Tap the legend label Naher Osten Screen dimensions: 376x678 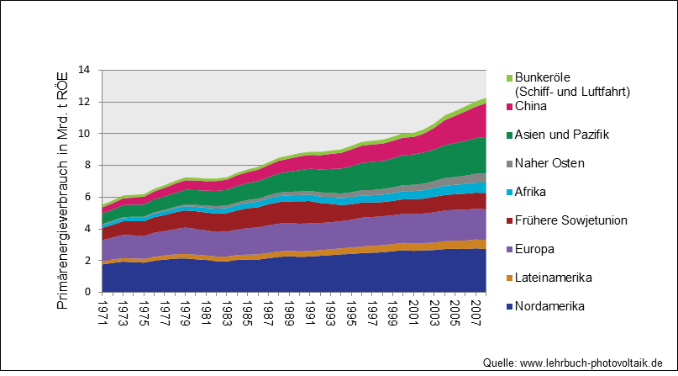[549, 164]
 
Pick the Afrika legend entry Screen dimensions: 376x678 [531, 193]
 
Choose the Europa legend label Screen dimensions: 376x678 [534, 250]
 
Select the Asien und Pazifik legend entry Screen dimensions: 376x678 [561, 135]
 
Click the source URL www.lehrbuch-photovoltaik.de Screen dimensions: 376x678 [594, 363]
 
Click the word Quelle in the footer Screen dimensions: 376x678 [499, 363]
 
